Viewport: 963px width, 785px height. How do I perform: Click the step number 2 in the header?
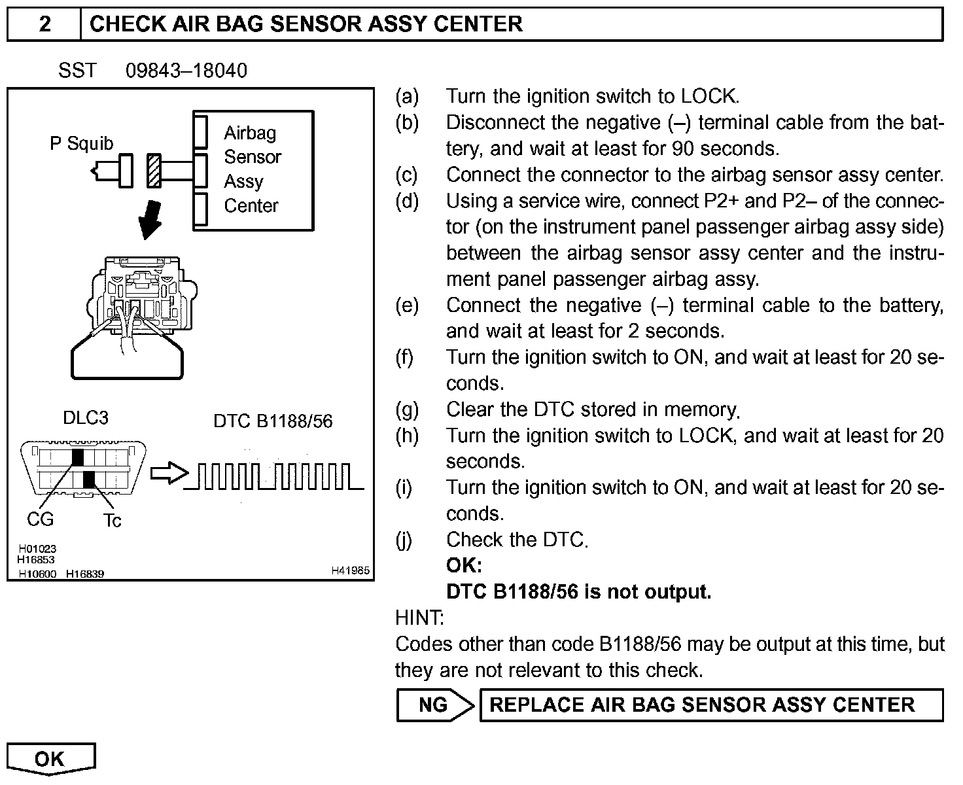point(44,24)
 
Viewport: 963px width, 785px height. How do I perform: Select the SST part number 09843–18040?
point(186,71)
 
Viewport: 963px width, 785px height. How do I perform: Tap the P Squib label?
point(81,143)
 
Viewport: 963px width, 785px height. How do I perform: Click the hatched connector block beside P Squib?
point(154,170)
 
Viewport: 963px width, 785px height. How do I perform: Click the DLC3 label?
point(86,418)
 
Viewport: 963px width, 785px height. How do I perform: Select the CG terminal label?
point(40,519)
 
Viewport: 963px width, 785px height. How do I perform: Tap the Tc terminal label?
point(112,521)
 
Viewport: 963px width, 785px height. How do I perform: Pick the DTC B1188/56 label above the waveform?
point(273,421)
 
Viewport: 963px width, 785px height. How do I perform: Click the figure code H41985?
point(350,570)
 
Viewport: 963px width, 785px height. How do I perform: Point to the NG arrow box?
point(434,705)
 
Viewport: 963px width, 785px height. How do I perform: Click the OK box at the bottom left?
point(51,759)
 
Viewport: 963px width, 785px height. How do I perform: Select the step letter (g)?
point(406,410)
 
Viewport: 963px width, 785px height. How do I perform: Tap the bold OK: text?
point(464,565)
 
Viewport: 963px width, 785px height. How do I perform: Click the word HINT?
point(419,618)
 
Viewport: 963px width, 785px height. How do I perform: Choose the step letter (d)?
point(406,201)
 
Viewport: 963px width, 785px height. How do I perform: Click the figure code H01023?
point(37,549)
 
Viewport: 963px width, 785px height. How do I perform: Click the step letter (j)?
point(404,540)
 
